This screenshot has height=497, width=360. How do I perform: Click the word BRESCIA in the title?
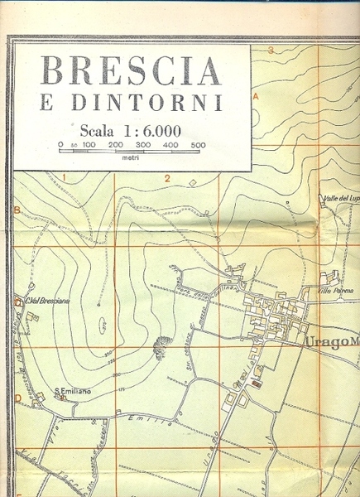coord(131,72)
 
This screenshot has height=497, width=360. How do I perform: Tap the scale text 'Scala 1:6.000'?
coord(131,130)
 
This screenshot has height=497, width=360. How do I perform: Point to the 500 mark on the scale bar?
coord(198,146)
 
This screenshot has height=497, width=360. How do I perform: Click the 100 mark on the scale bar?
coord(89,146)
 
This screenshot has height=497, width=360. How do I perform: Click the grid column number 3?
coord(271,51)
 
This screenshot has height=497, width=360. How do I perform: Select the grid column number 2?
coord(166,178)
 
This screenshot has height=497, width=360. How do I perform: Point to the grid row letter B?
coord(17,210)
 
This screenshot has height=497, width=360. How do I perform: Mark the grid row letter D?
coord(17,397)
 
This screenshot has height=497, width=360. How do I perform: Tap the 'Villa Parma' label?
coord(338,291)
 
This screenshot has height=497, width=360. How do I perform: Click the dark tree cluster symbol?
coord(161,341)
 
